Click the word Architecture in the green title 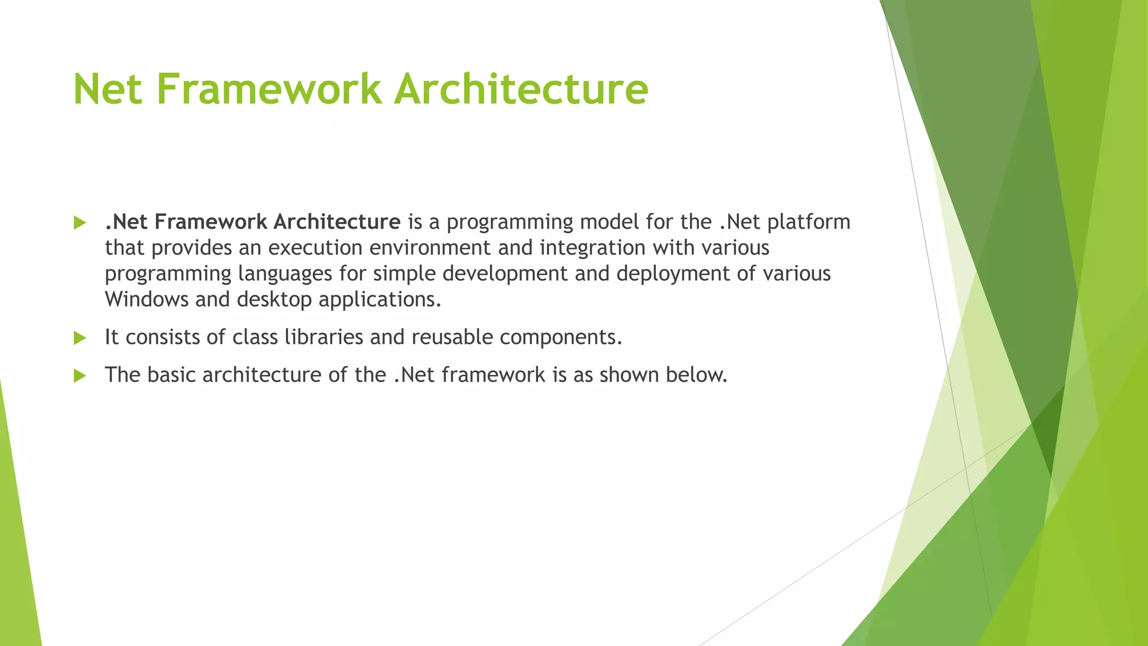click(x=521, y=89)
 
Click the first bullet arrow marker click(x=80, y=223)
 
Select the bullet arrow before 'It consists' click(x=80, y=338)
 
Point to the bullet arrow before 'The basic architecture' click(x=80, y=376)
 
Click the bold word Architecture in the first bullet click(x=336, y=222)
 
